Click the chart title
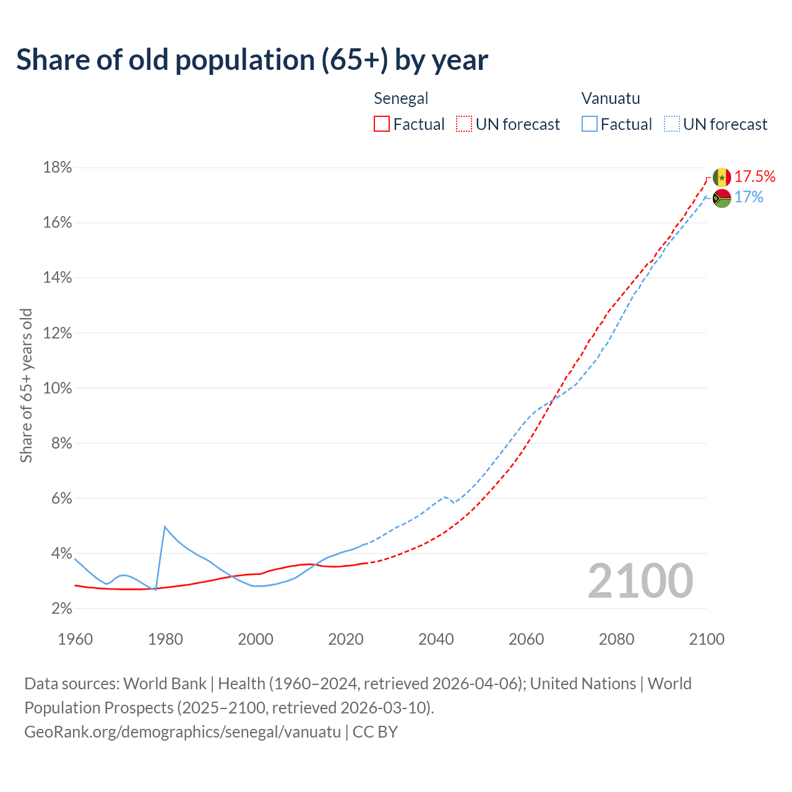[x=252, y=60]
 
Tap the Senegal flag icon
[x=721, y=177]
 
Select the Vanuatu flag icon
[x=721, y=198]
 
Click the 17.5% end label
[x=755, y=176]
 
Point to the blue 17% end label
[x=749, y=197]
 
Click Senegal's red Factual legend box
[x=382, y=124]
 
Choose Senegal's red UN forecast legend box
[x=464, y=124]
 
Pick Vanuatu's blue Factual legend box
[x=590, y=124]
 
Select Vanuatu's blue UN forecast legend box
[x=672, y=124]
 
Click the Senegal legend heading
[x=401, y=98]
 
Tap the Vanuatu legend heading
[x=611, y=98]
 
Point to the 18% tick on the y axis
[x=58, y=168]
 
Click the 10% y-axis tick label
[x=58, y=389]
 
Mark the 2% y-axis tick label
[x=61, y=609]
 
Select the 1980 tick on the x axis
[x=165, y=639]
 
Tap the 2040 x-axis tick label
[x=436, y=639]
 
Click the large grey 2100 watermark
[x=640, y=581]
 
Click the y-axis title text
[x=26, y=385]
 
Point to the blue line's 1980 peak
[x=165, y=527]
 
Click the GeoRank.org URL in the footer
[x=183, y=732]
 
